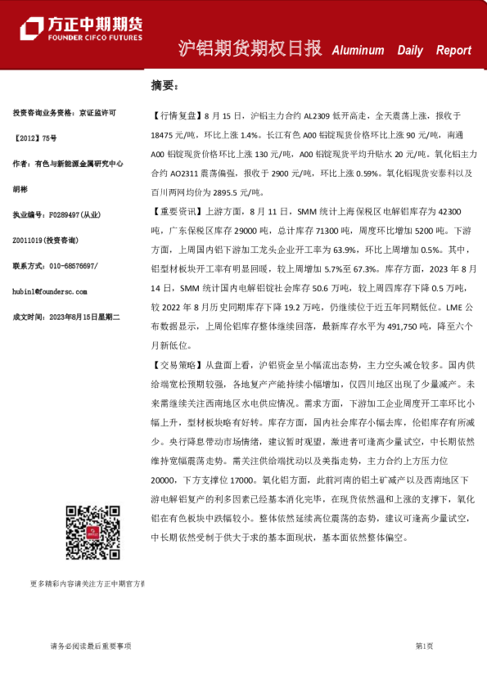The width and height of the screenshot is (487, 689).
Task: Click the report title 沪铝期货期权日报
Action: pyautogui.click(x=250, y=48)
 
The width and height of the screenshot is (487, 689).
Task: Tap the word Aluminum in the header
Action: pyautogui.click(x=358, y=50)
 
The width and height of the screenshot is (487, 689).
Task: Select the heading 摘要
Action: pyautogui.click(x=164, y=85)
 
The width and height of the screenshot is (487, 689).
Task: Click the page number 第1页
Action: pyautogui.click(x=424, y=646)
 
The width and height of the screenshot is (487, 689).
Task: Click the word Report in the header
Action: pyautogui.click(x=453, y=50)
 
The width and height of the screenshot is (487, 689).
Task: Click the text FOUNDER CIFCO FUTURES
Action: pyautogui.click(x=94, y=38)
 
